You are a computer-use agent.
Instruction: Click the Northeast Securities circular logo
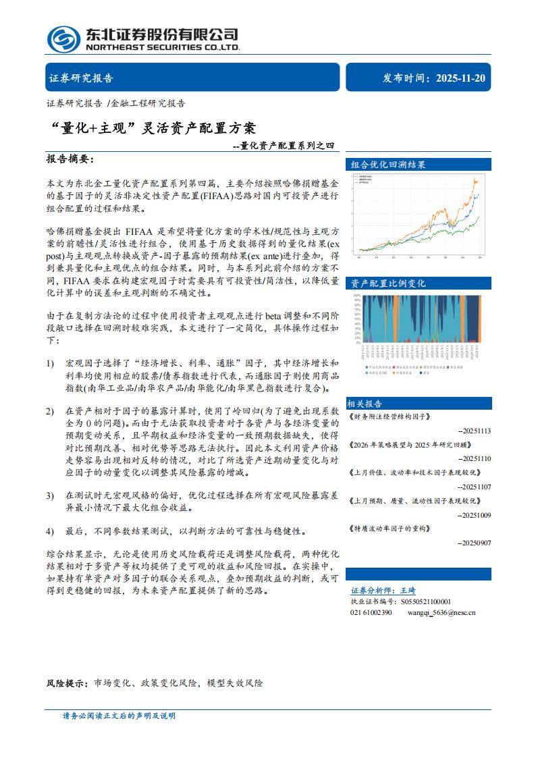64,39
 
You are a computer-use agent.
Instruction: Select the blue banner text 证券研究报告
81,78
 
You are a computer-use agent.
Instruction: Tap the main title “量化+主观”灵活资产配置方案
153,127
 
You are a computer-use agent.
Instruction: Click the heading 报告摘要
70,159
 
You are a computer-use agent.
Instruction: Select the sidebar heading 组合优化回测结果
388,164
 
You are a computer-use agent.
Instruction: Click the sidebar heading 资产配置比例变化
388,283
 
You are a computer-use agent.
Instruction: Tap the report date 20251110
474,458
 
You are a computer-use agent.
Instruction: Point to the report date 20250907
474,542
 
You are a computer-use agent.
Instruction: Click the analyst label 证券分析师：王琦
383,590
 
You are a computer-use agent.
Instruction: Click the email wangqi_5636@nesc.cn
441,612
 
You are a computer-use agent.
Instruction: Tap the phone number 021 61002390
371,612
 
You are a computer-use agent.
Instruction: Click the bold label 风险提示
67,683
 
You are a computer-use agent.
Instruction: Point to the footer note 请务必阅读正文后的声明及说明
119,715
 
